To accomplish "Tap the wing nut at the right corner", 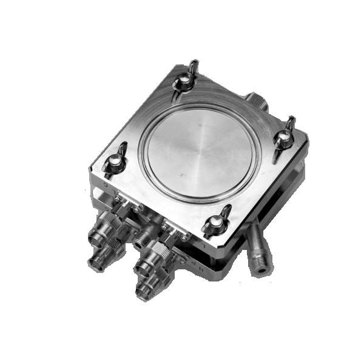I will pos(283,137).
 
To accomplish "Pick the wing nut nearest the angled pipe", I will pos(217,222).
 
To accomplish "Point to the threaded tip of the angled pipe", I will pos(261,266).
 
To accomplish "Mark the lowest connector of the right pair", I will pos(146,290).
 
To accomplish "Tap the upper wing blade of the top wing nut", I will pos(192,65).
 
